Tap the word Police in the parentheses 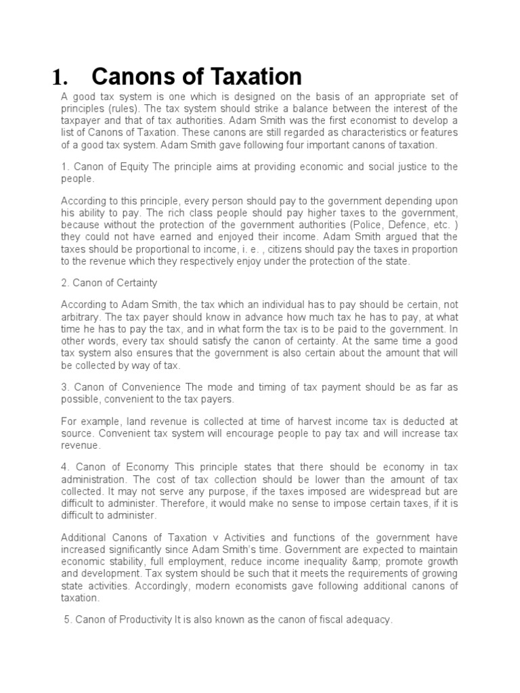pyautogui.click(x=378, y=225)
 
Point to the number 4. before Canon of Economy pyautogui.click(x=65, y=468)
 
